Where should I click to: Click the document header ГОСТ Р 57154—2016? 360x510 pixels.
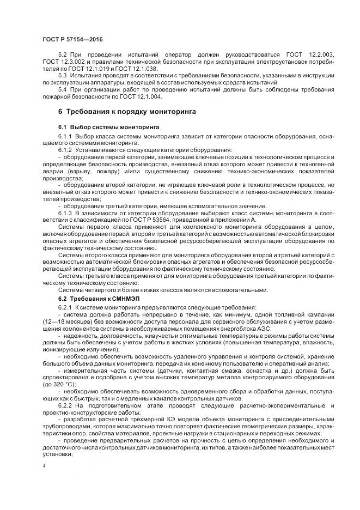pyautogui.click(x=72, y=40)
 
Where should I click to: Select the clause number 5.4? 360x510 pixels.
pyautogui.click(x=63, y=90)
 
